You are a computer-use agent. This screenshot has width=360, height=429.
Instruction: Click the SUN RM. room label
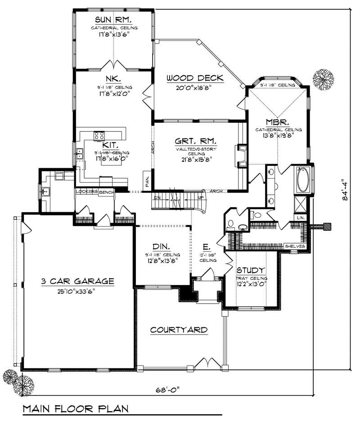[x=113, y=20]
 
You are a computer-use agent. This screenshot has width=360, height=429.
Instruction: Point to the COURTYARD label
[x=179, y=330]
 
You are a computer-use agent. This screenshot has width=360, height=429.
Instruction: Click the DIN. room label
[x=161, y=246]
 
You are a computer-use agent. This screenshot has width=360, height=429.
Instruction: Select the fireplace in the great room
[x=242, y=156]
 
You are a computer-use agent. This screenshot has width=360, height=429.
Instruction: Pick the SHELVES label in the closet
[x=296, y=246]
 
